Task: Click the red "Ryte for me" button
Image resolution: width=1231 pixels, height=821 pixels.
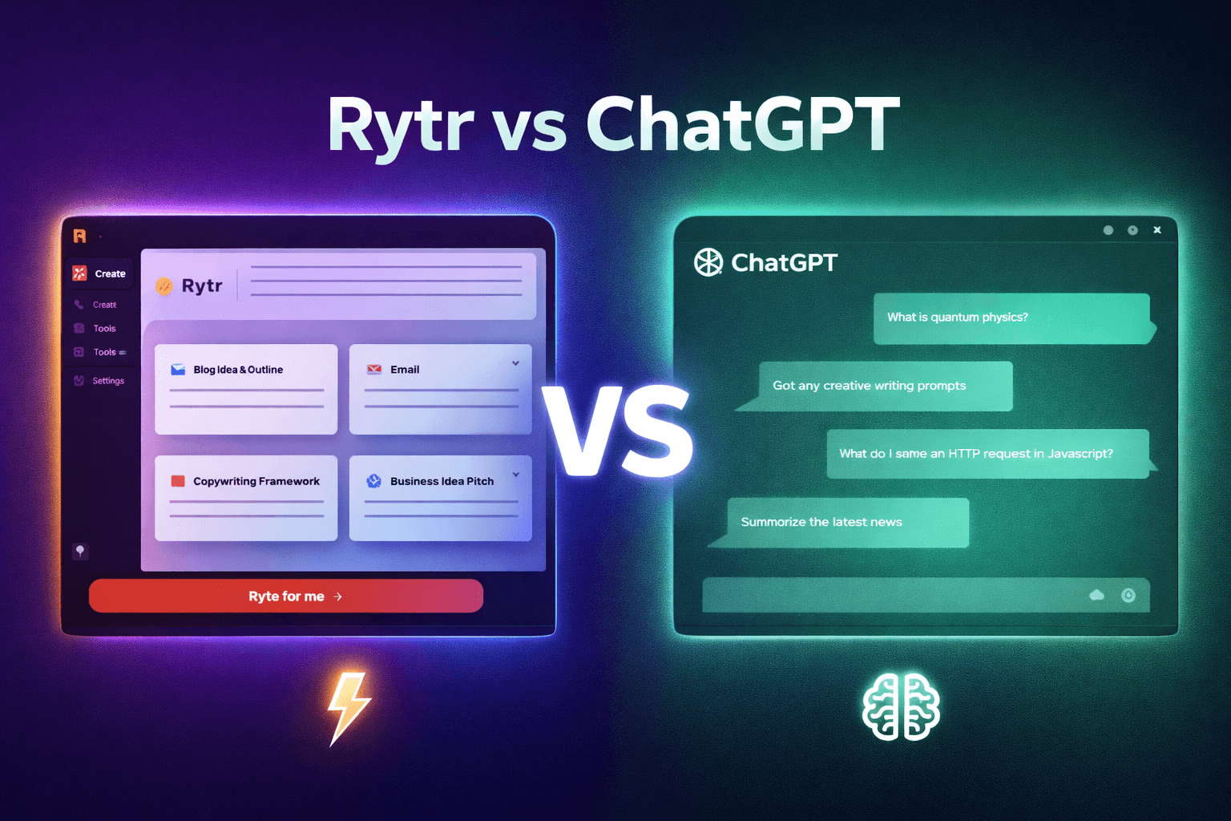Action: [286, 596]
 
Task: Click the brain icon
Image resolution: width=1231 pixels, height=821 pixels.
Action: [901, 706]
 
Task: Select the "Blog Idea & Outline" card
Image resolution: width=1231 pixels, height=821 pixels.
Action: [246, 389]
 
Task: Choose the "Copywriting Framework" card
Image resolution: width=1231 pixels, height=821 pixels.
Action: [246, 498]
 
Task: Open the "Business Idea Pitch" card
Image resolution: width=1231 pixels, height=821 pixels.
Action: [440, 498]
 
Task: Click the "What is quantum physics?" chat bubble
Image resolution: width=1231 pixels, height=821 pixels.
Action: [1011, 318]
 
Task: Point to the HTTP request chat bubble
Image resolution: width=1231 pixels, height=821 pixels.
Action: [987, 454]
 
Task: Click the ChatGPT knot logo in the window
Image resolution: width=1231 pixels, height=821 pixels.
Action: [708, 262]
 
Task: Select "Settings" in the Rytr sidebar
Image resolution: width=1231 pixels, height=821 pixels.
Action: [107, 381]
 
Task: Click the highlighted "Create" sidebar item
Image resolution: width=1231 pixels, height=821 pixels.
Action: [101, 273]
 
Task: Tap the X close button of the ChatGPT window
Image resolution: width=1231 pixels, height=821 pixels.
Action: [1157, 230]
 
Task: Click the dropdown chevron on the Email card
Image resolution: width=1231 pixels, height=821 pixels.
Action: [515, 363]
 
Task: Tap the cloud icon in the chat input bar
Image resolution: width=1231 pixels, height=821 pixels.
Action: [1096, 595]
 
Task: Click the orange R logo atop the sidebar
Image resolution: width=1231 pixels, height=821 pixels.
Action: [79, 236]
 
